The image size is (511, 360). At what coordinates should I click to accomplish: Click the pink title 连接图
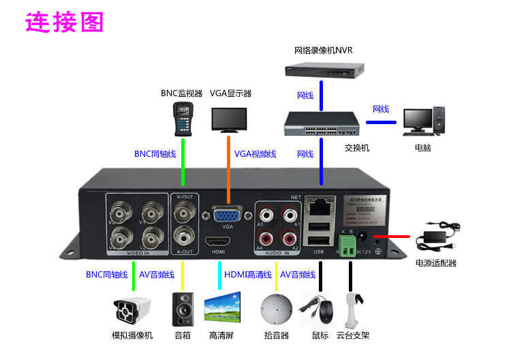click(65, 22)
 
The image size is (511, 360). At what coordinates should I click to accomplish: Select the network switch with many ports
click(322, 122)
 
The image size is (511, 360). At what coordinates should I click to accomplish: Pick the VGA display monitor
click(230, 119)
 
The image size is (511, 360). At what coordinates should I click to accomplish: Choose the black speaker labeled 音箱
click(183, 310)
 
